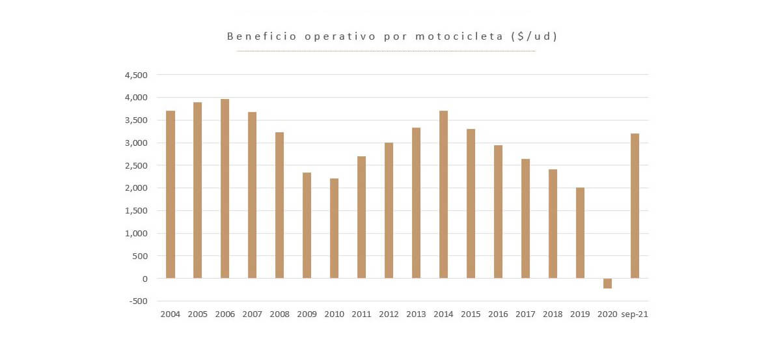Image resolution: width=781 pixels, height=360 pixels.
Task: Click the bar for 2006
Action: (x=225, y=189)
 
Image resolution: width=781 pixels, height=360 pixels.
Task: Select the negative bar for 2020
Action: (x=607, y=283)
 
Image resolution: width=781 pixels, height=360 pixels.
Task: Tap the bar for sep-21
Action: (x=635, y=206)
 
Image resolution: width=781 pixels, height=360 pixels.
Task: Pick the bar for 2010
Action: (x=334, y=228)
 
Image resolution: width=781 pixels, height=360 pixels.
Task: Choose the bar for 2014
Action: (x=443, y=195)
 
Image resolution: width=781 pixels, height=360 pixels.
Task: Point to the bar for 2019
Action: (x=580, y=233)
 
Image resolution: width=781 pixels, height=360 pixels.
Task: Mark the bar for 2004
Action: (x=171, y=195)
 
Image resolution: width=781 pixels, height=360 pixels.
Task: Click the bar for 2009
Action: (x=307, y=225)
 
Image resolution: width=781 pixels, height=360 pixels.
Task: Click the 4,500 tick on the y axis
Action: (x=135, y=75)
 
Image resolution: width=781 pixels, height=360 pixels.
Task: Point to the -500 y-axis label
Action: (x=137, y=301)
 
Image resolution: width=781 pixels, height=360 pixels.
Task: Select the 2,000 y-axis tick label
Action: (x=135, y=188)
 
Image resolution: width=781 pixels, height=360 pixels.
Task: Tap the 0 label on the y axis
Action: (x=144, y=279)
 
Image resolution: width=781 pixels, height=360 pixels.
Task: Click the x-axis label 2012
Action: (x=389, y=314)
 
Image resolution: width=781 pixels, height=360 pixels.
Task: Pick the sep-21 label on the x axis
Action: (x=635, y=314)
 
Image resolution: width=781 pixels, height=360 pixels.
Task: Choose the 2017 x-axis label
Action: (x=525, y=314)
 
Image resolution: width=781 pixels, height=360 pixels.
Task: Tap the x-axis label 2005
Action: (x=197, y=314)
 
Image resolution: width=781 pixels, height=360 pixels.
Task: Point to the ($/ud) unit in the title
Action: (x=535, y=36)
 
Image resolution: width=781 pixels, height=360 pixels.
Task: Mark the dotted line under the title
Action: (x=386, y=51)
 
